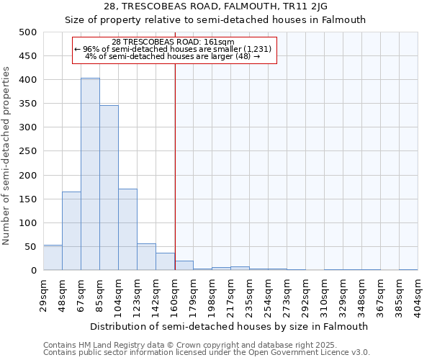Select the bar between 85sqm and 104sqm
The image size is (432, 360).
[x=109, y=188]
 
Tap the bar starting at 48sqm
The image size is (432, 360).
[x=71, y=231]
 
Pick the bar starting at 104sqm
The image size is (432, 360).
[x=127, y=230]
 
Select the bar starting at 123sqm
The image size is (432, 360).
[x=146, y=257]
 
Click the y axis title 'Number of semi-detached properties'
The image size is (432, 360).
[x=6, y=156]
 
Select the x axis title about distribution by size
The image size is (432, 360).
[x=230, y=326]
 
